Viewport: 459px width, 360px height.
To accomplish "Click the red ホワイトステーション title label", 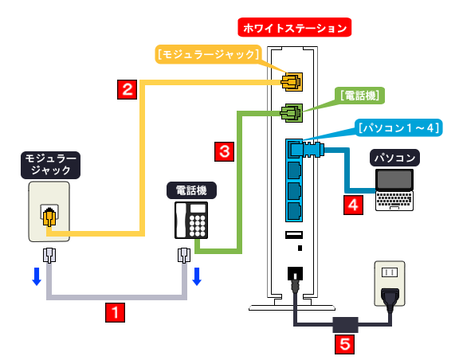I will click(296, 29).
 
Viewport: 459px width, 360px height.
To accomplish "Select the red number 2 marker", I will click(127, 88).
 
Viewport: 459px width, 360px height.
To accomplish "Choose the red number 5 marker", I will click(344, 344).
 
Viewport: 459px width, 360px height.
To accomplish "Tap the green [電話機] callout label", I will click(362, 95).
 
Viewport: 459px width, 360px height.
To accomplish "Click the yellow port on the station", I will click(292, 81).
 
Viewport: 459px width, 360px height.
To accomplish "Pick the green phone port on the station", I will click(292, 112).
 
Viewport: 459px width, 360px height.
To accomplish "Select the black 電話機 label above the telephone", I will click(191, 190).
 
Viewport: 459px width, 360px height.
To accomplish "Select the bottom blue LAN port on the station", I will click(293, 212).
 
